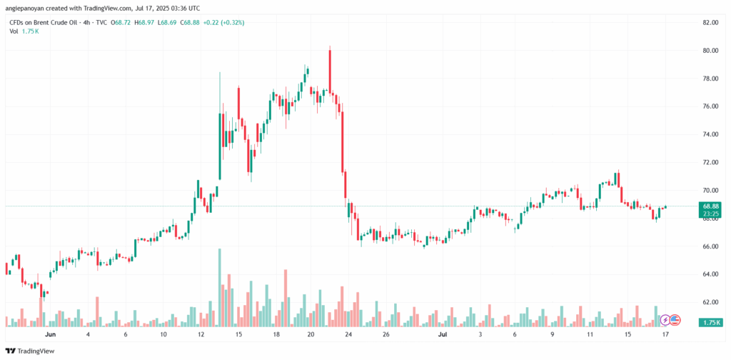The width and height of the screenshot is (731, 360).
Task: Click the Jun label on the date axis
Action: [x=50, y=334]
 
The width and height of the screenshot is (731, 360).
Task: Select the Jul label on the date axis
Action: [x=443, y=334]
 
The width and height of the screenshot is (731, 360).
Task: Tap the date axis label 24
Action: [x=348, y=334]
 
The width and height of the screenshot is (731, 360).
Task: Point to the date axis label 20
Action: [x=311, y=334]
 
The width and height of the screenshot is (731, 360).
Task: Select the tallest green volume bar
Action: [x=220, y=286]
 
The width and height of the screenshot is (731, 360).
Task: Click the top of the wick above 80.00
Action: [x=330, y=46]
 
